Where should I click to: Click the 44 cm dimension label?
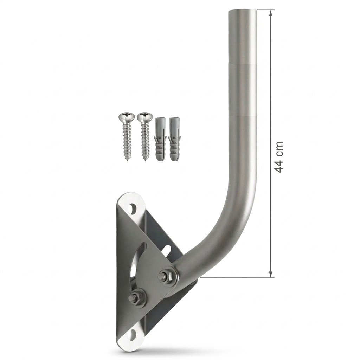pos(279,157)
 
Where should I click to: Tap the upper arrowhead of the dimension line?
pos(271,13)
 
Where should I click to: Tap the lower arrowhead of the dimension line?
pos(271,274)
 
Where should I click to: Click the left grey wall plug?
pos(160,139)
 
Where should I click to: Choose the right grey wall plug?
pos(174,139)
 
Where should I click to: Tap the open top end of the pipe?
pos(242,11)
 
